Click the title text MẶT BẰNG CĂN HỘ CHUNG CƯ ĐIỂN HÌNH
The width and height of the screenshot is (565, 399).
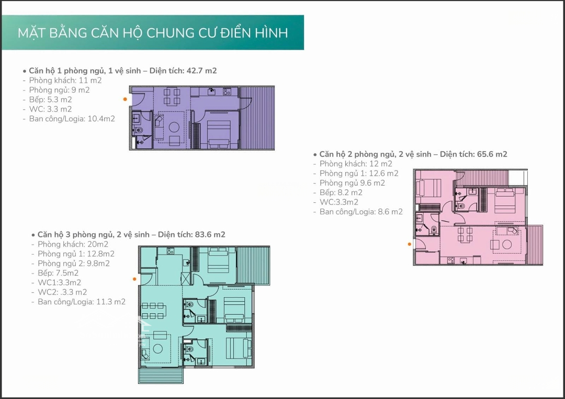tap(153, 33)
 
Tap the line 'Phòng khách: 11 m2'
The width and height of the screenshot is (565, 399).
tap(65, 81)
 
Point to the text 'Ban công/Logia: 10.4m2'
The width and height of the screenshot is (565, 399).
tap(72, 119)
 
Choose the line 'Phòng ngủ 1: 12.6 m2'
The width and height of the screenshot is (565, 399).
tap(359, 174)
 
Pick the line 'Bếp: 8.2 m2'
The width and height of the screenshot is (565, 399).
tap(341, 192)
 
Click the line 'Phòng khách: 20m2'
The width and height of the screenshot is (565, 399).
tap(73, 245)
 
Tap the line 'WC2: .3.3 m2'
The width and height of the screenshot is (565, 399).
tap(62, 292)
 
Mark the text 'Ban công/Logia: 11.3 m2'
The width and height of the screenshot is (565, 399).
tap(82, 302)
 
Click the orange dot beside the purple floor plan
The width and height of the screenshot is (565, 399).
tap(125, 99)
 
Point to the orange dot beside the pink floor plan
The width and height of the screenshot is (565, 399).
tap(409, 244)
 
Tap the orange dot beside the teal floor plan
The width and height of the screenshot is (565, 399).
tap(134, 279)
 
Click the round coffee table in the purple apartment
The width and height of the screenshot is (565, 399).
tap(174, 127)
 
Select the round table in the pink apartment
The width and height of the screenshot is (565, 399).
tap(507, 245)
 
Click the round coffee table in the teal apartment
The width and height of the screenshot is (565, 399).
tap(158, 348)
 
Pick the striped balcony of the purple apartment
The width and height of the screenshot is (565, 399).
tap(257, 118)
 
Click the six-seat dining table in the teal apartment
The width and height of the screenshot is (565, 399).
tap(153, 311)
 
